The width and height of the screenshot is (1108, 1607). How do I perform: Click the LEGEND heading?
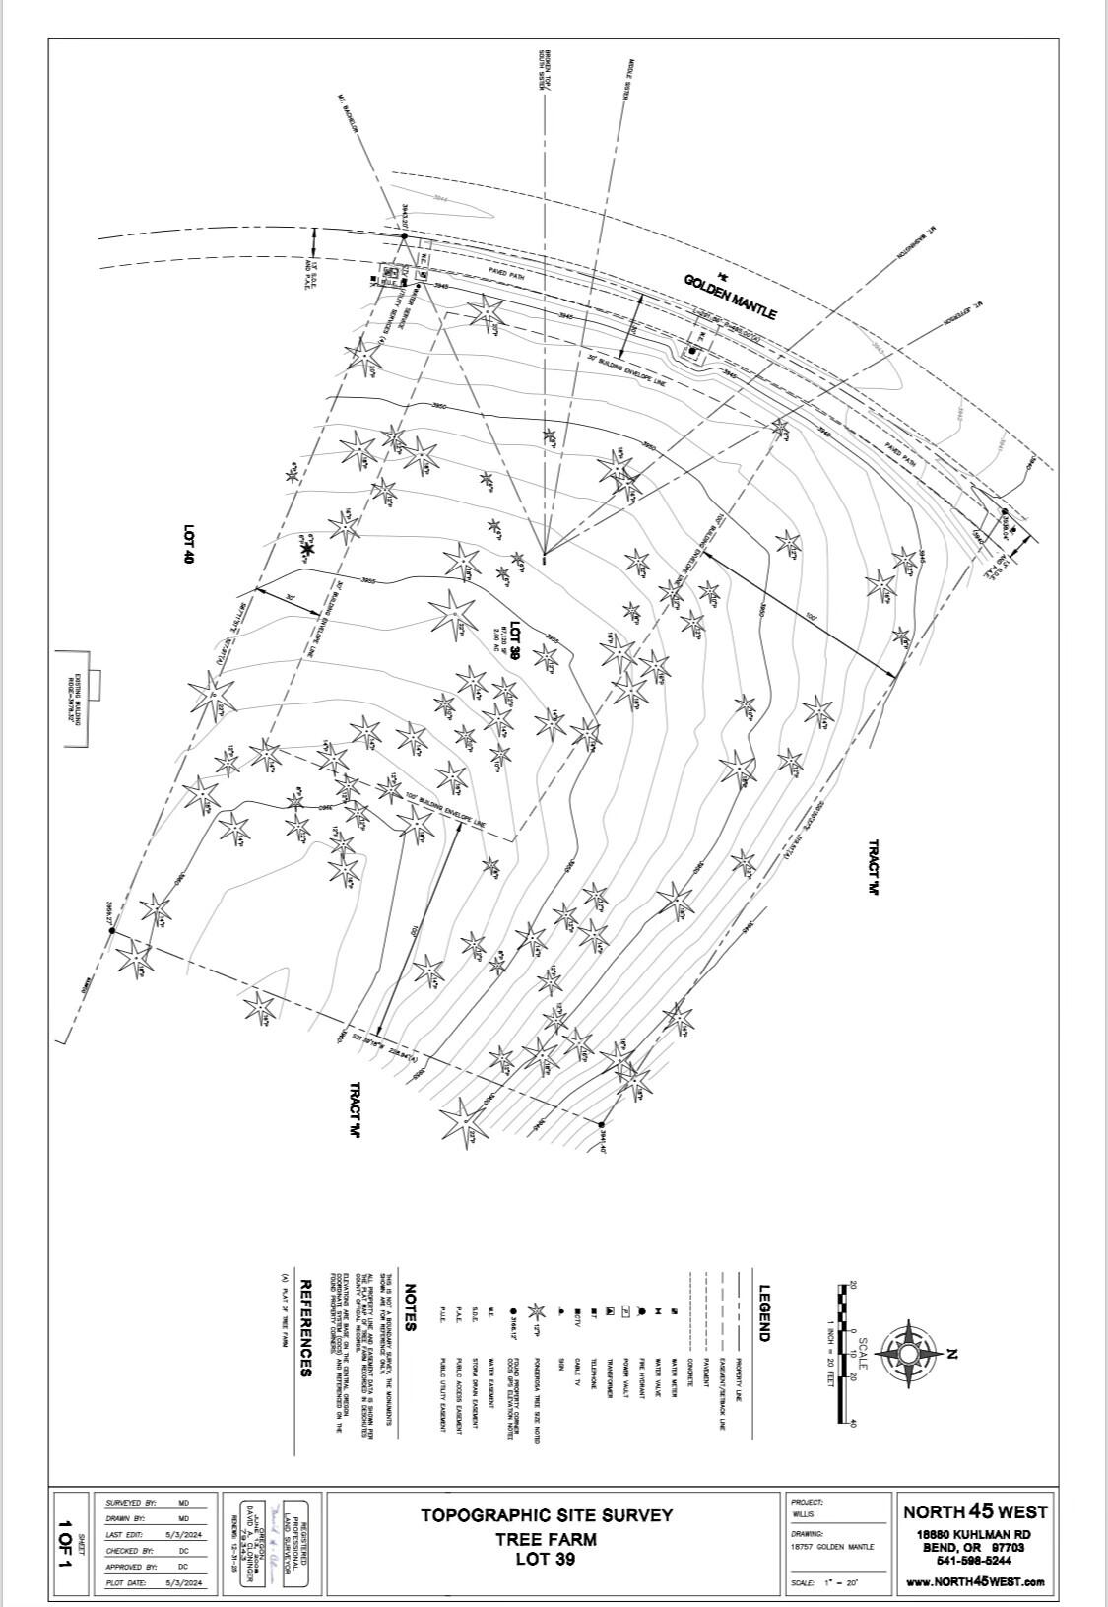click(763, 1312)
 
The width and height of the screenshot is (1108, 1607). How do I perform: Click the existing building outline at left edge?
click(74, 699)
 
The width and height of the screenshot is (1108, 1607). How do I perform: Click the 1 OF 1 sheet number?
click(66, 1544)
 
